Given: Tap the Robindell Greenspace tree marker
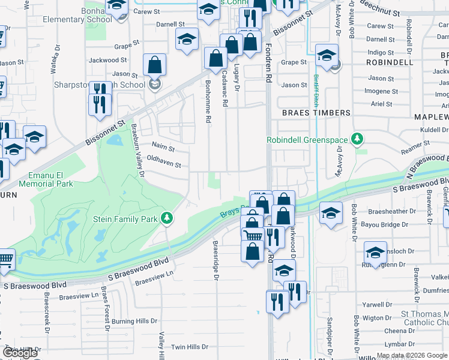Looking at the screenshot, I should [x=358, y=140].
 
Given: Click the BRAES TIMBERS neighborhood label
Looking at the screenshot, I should [x=316, y=113].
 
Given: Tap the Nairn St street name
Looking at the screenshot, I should [x=163, y=146].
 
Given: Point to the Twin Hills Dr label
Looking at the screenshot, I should [x=189, y=347].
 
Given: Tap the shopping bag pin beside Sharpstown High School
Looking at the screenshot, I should [x=155, y=66].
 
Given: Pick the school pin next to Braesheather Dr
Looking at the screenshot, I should [x=331, y=214].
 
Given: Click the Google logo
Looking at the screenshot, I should [x=20, y=353].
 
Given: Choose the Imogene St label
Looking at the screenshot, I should [x=381, y=91].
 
